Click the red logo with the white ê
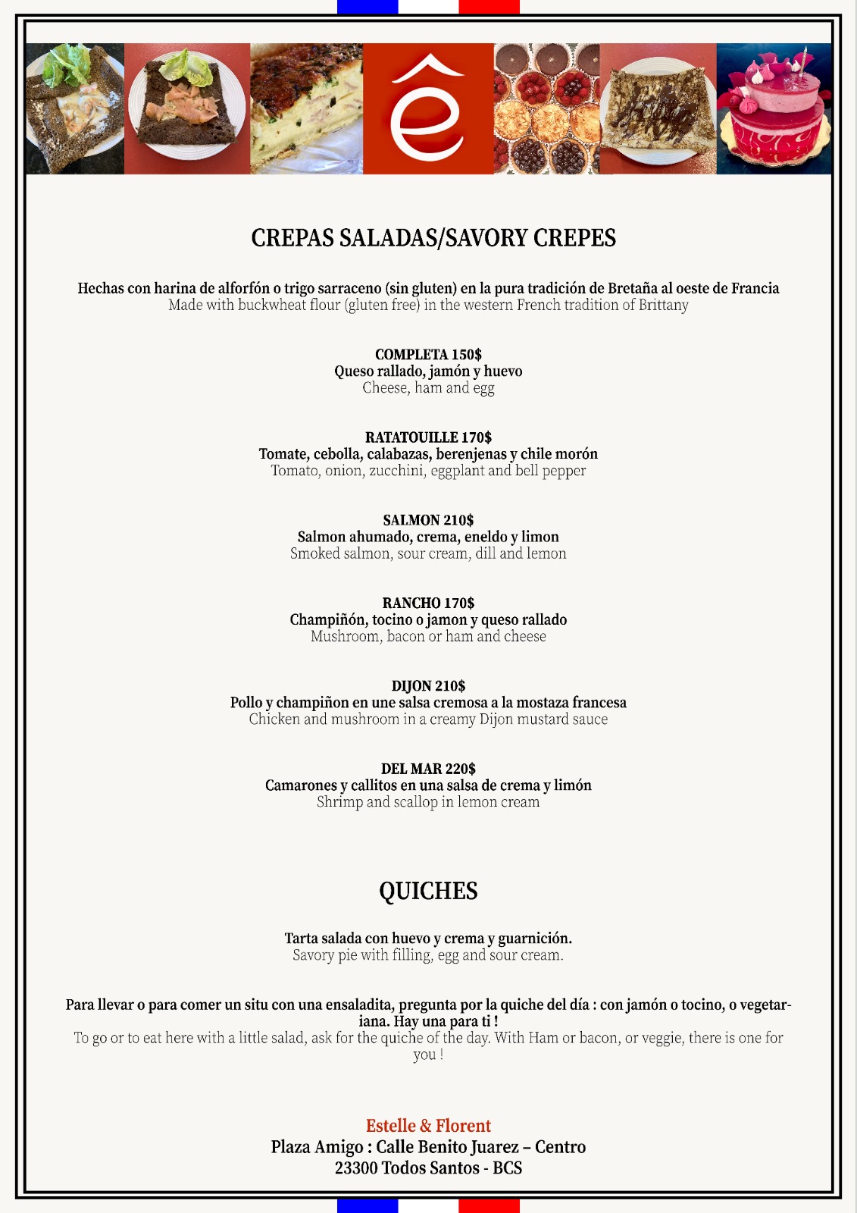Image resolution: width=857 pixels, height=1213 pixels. tap(428, 108)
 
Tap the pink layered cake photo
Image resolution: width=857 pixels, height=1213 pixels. tap(774, 108)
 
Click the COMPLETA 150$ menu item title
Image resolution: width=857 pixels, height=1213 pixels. tap(428, 354)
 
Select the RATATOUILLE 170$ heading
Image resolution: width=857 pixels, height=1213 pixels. tap(428, 437)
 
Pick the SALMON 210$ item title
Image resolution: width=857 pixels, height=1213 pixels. tap(428, 520)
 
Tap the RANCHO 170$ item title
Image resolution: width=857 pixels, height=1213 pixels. tap(428, 603)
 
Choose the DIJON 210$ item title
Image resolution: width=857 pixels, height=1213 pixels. tap(428, 686)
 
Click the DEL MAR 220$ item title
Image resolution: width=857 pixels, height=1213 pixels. tap(428, 769)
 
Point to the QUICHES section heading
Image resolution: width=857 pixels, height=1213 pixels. tap(428, 891)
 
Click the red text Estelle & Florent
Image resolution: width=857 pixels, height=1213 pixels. tap(428, 1126)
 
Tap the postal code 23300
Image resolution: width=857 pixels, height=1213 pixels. tap(356, 1168)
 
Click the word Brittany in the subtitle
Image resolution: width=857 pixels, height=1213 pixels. tap(663, 306)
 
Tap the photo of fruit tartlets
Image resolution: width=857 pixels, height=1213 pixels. tap(546, 108)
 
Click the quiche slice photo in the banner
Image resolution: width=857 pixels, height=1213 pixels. tap(307, 108)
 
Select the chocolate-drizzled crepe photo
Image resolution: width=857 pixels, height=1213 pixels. tap(658, 108)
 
